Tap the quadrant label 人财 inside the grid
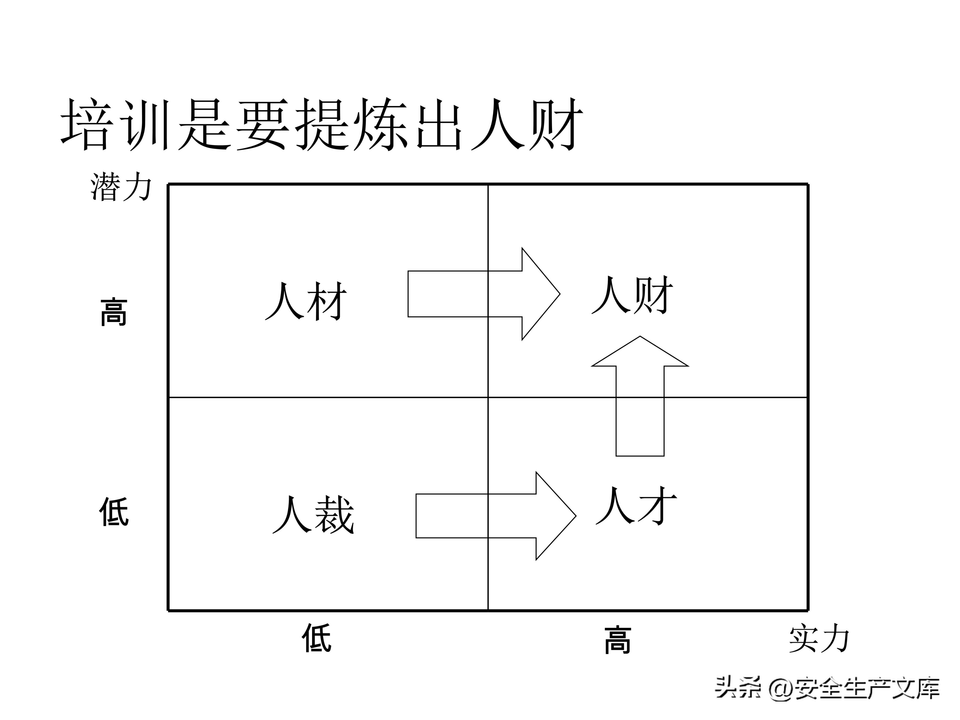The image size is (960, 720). [632, 295]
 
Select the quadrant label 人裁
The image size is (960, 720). [313, 515]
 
